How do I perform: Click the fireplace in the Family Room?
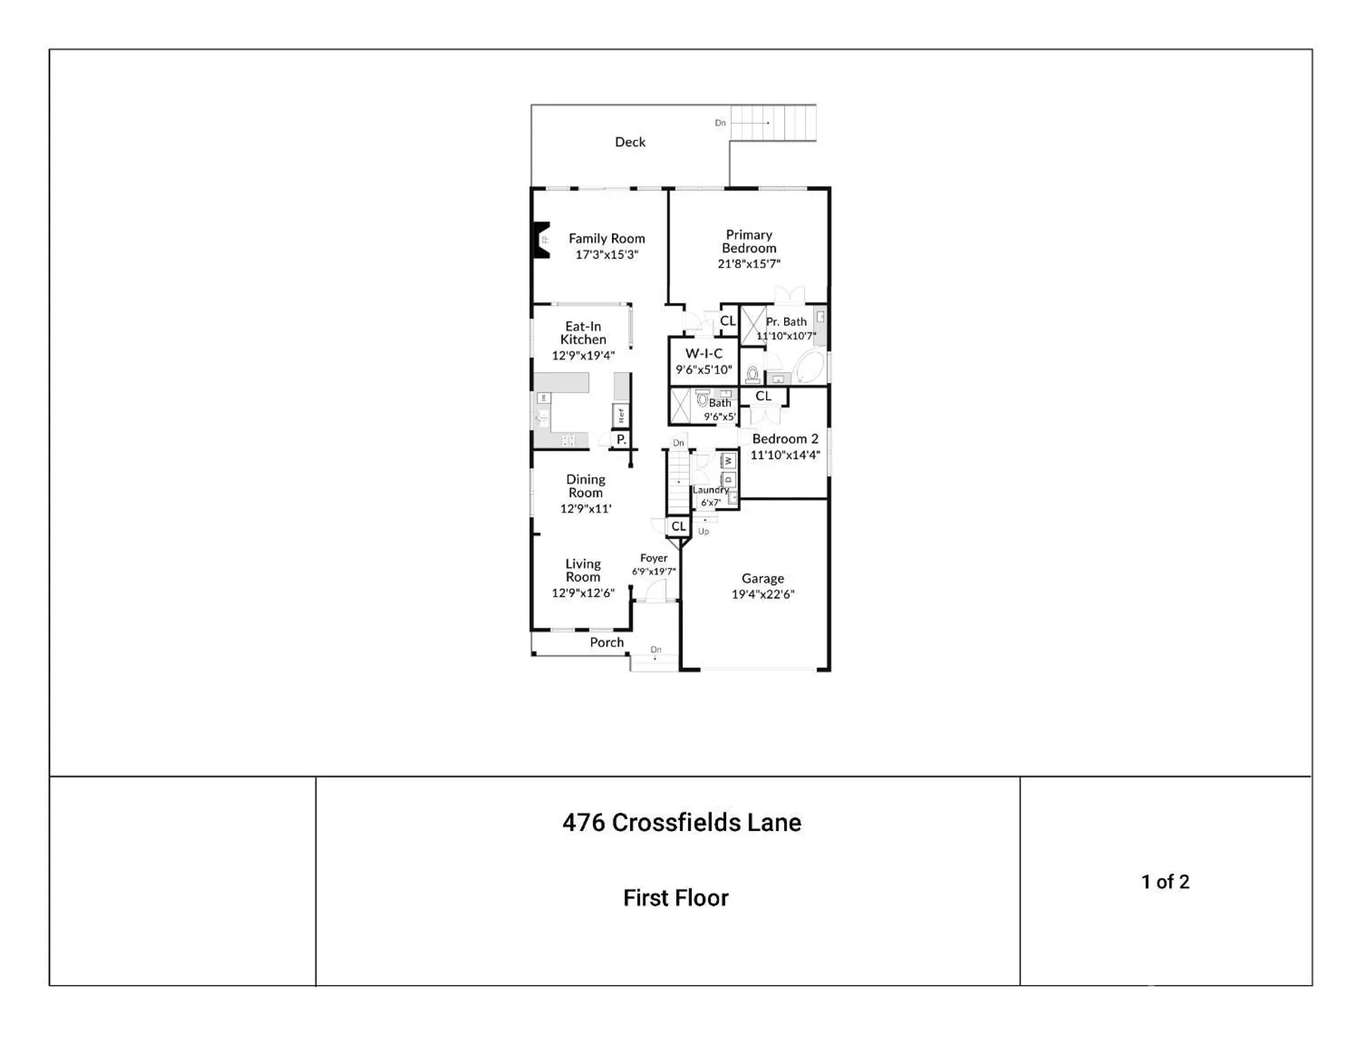(x=541, y=240)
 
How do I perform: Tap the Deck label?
(x=630, y=142)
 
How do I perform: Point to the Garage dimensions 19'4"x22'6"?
(x=762, y=595)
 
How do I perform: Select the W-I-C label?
(x=704, y=354)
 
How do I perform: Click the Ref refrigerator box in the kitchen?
(x=621, y=415)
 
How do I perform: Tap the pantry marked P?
(x=621, y=440)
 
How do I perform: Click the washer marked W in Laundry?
(x=728, y=460)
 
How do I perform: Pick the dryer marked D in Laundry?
(x=728, y=480)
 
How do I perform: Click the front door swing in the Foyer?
(x=656, y=592)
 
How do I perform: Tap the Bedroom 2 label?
(x=785, y=439)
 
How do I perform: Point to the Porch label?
(x=606, y=643)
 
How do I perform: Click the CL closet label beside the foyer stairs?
(x=678, y=526)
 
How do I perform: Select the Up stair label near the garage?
(x=704, y=532)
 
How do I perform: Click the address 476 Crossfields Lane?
(x=681, y=823)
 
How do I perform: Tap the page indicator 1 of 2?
(x=1165, y=882)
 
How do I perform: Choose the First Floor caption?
(x=676, y=898)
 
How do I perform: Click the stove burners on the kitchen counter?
(x=568, y=441)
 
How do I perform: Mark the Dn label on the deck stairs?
(x=720, y=123)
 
